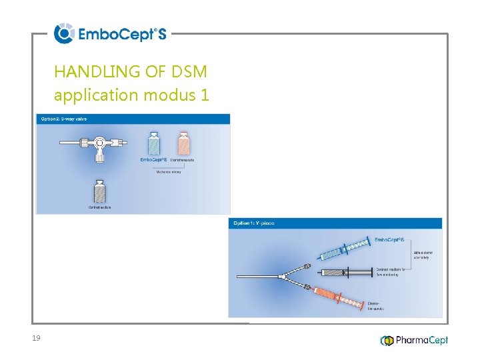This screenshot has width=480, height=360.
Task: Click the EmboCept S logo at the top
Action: click(x=110, y=33)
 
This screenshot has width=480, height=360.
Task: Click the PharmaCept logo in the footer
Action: click(x=414, y=340)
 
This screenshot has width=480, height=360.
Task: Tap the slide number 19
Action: click(x=36, y=339)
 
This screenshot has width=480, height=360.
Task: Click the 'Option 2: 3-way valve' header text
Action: click(x=64, y=119)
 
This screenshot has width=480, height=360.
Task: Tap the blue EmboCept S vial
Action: click(x=153, y=143)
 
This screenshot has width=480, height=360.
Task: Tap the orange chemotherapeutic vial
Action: click(x=183, y=143)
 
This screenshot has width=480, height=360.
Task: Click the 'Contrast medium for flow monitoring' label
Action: click(x=391, y=271)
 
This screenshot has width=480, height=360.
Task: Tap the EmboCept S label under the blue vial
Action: click(x=153, y=160)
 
